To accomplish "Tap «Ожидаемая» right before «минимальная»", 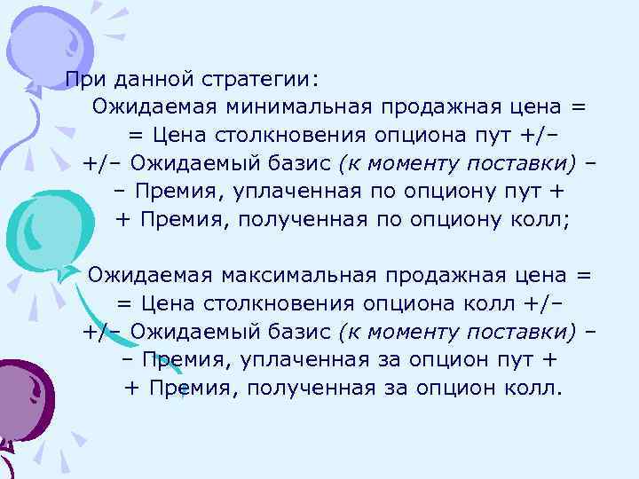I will pos(155,107).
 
